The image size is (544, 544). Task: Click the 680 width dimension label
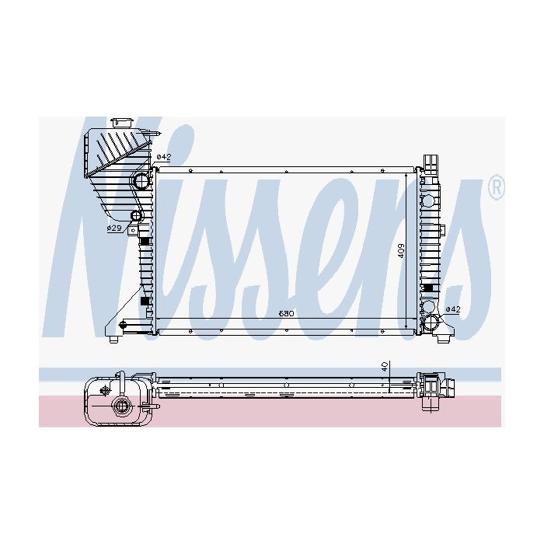tap(287, 314)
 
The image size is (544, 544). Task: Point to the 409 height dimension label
tap(401, 251)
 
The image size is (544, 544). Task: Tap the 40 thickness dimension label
tap(385, 367)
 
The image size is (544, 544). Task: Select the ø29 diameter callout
tap(113, 228)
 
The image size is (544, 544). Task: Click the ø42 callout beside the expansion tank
tap(164, 157)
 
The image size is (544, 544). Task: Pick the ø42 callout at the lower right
tap(453, 309)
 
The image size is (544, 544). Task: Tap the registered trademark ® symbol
tap(497, 187)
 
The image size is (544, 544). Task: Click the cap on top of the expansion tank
tap(122, 123)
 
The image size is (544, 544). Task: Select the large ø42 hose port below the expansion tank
tap(141, 180)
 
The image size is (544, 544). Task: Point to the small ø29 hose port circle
tap(137, 216)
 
